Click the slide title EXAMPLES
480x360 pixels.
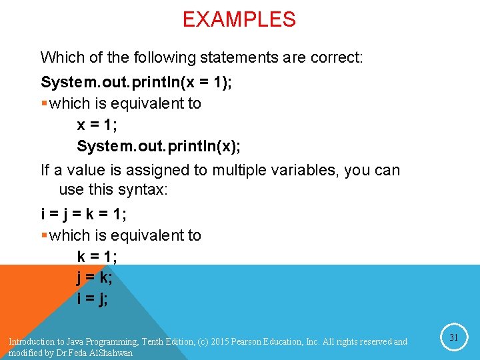[239, 20]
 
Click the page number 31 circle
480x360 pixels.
[453, 338]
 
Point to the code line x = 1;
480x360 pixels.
[97, 125]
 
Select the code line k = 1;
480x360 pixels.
[97, 257]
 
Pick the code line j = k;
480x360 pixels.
[95, 277]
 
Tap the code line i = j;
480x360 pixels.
[93, 299]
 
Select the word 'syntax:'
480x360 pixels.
[143, 190]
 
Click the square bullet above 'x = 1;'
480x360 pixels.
[44, 104]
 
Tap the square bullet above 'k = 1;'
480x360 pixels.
[44, 235]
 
